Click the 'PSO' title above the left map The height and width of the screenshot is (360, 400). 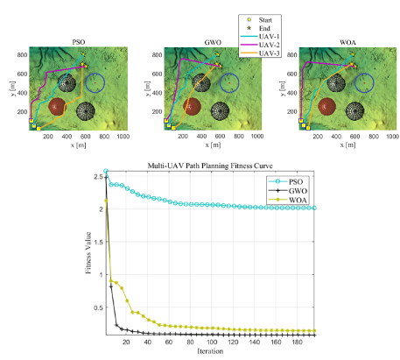(78, 42)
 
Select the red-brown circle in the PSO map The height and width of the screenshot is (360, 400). (55, 107)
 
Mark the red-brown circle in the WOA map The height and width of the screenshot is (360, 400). (324, 107)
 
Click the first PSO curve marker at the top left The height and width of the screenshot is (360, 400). (106, 171)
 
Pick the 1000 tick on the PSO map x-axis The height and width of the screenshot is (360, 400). (123, 138)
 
